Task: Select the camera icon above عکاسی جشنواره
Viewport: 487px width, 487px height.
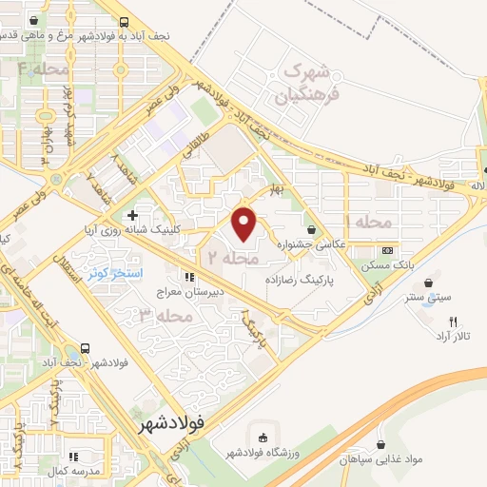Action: click(x=311, y=229)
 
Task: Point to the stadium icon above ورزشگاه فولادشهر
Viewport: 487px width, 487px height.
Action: click(x=262, y=438)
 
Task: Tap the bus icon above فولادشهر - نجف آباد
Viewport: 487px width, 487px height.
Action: click(x=86, y=348)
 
